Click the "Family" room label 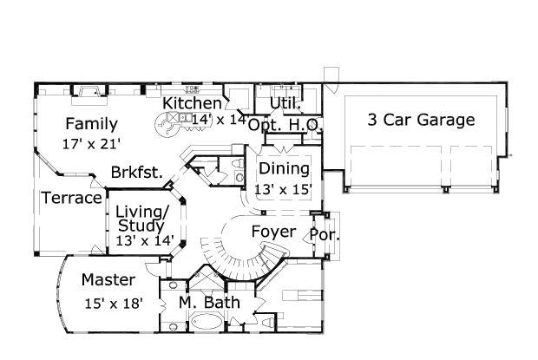coord(91,123)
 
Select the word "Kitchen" coord(193,103)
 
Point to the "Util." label coord(285,103)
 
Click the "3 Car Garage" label coord(421,120)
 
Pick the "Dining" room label coord(284,168)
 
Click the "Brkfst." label coord(137,172)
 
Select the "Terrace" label coord(72,198)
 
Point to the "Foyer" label coord(273,232)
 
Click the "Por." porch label coord(325,234)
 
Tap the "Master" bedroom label coord(108,280)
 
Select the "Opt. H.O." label coord(285,125)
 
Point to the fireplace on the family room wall coord(87,90)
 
